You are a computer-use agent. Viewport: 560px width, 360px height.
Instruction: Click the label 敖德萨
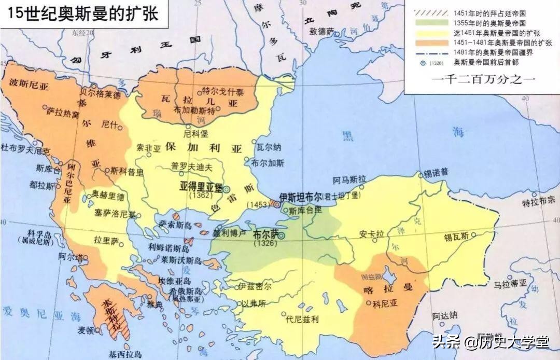point(323,31)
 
